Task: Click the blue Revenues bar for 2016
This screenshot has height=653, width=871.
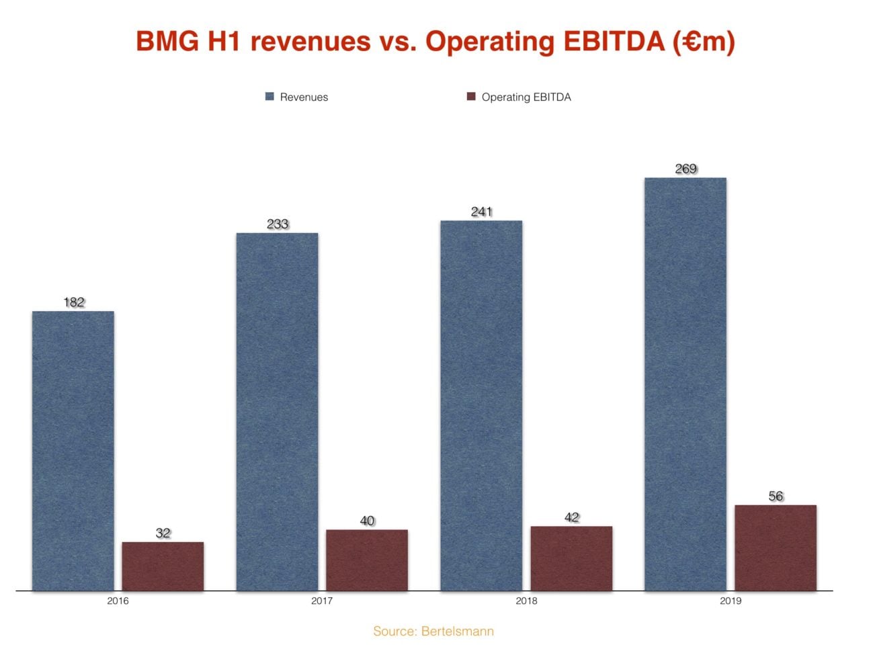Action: coord(73,450)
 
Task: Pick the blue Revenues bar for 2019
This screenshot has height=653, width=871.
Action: coord(685,384)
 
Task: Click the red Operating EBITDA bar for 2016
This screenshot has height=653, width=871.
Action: coord(163,566)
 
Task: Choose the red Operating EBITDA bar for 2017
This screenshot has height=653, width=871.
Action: coord(367,560)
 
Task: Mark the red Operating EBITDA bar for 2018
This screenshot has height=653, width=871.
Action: coord(571,558)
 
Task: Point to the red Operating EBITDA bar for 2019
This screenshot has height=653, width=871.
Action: coord(775,548)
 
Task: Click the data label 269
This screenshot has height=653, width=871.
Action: coord(686,169)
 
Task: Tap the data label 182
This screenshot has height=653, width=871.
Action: coord(74,302)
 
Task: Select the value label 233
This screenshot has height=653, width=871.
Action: coord(278,224)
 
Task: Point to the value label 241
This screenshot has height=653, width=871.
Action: coord(482,212)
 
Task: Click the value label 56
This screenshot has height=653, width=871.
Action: coord(776,496)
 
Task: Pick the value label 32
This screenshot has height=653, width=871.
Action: coord(163,533)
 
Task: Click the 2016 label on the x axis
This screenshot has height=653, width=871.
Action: coord(118,601)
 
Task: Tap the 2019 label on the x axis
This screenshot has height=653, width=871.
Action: coord(731,601)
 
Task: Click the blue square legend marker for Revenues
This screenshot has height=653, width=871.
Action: coord(269,97)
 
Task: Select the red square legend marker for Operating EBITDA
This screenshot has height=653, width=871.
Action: coord(471,97)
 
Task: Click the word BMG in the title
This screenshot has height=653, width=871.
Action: coord(167,41)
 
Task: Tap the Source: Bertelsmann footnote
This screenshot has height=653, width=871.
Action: coord(433,632)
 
